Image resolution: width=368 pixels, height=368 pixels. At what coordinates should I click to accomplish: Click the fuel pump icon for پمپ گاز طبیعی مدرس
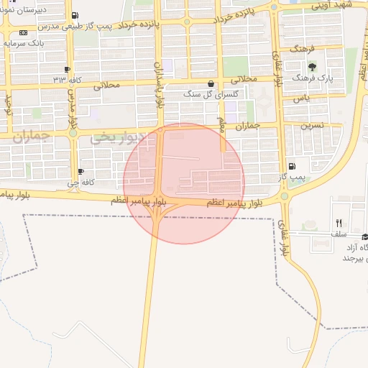click(76, 15)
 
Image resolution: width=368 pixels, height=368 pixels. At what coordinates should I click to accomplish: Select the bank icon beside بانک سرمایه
click(24, 32)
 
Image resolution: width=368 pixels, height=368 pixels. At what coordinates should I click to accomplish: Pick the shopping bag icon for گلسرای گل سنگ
click(211, 84)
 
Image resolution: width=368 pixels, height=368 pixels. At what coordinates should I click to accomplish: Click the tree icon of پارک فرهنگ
click(310, 66)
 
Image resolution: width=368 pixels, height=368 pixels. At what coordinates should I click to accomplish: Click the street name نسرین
click(313, 124)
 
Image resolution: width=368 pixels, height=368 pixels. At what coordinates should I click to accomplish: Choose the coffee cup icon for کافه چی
click(80, 171)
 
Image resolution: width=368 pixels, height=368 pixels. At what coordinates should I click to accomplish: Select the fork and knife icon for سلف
click(339, 223)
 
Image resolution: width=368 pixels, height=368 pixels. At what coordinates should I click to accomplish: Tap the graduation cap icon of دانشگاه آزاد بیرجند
click(364, 236)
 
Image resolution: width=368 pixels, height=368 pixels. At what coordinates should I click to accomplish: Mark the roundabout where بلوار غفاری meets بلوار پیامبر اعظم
click(284, 195)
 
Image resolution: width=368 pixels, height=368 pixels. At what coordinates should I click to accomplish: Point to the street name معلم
click(222, 126)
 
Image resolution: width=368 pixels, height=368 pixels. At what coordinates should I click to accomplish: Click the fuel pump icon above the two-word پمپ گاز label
click(291, 166)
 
